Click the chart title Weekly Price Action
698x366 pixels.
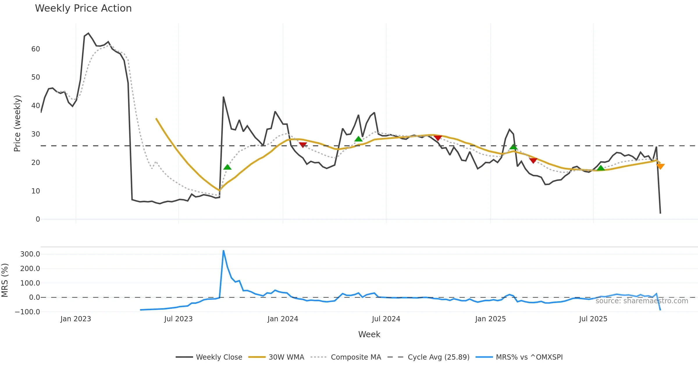tap(83, 8)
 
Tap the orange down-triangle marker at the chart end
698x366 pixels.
tap(660, 166)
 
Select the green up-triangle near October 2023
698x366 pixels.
tap(227, 167)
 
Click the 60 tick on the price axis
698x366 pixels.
tap(35, 49)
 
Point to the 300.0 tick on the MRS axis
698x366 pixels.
tap(30, 254)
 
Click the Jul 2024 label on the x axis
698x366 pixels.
tap(386, 319)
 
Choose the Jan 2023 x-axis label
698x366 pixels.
tap(76, 319)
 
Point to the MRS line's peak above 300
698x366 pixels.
tap(223, 250)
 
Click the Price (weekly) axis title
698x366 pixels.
tap(17, 123)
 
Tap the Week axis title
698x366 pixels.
tap(369, 334)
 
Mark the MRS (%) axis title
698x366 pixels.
tap(5, 280)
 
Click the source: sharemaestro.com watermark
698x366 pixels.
tap(642, 301)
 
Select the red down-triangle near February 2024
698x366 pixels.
tap(303, 145)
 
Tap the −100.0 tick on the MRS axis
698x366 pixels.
tap(28, 312)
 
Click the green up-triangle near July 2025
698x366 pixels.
tap(601, 168)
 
